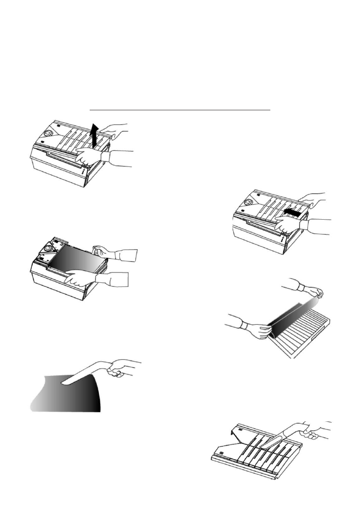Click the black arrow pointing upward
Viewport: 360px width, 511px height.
click(95, 133)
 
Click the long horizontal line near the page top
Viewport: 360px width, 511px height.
click(181, 110)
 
